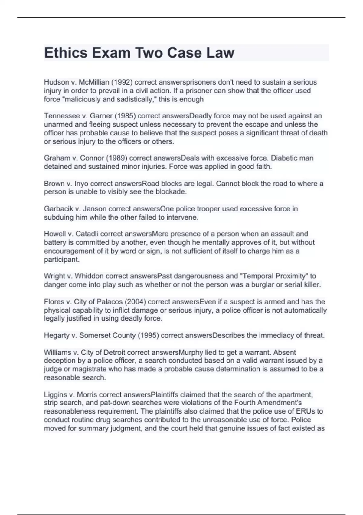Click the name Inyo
click(81, 184)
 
